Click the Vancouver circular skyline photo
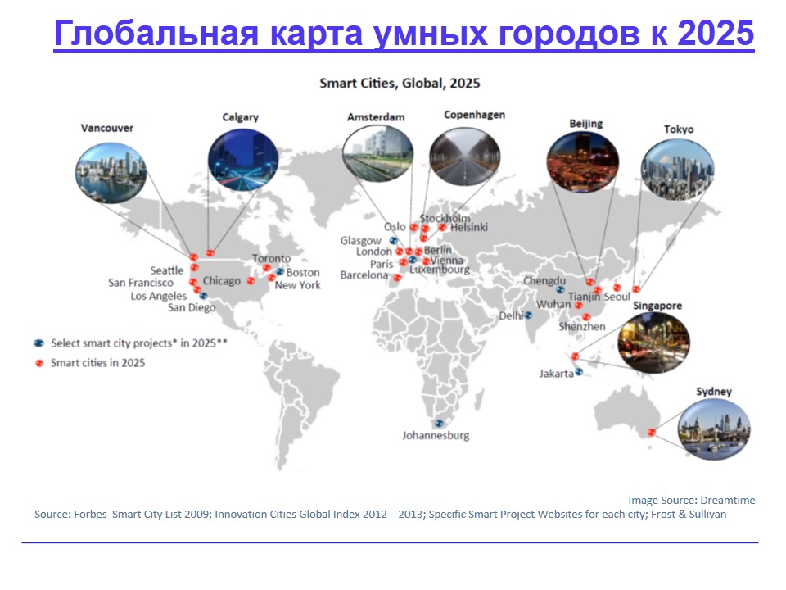point(111,173)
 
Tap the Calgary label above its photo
point(240,117)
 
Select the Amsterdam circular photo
point(378,153)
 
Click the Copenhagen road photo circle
point(465,157)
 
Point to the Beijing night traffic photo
point(582,162)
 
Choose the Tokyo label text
point(679,129)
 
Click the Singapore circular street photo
point(653,343)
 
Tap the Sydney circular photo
point(714,429)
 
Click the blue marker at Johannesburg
point(439,424)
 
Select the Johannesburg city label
point(436,435)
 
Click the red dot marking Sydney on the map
point(651,432)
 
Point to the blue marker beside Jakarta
point(579,372)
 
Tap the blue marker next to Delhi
point(528,315)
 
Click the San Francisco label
point(141,283)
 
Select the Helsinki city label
point(468,228)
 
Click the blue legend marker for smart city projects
point(38,343)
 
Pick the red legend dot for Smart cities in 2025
point(39,363)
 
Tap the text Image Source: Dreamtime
point(692,500)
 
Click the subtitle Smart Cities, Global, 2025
point(400,84)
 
